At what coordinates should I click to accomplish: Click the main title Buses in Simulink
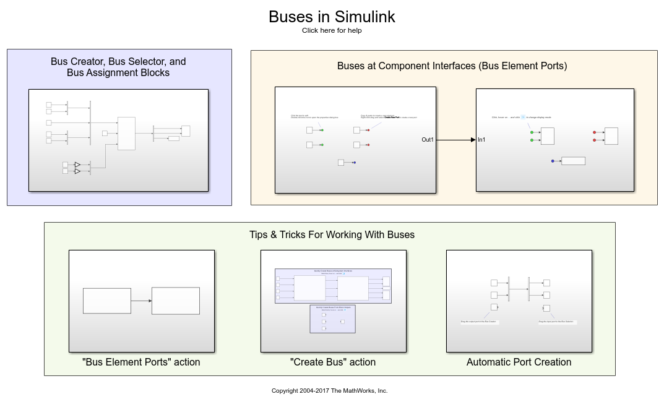332,17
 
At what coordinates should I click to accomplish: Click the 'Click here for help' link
332,30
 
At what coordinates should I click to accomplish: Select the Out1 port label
428,140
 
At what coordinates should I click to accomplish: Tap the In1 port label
481,140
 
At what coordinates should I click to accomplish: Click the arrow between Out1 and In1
456,140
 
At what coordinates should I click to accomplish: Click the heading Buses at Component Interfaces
452,66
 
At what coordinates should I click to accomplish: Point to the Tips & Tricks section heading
332,234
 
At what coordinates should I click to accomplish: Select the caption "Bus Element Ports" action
141,362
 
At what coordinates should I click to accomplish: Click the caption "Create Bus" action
333,362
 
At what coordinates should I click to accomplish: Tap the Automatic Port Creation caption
519,362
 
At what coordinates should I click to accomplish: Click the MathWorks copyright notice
329,390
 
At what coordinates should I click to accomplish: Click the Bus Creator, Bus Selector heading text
118,67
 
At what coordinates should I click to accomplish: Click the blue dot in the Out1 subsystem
354,163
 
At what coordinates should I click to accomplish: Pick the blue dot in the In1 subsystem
553,161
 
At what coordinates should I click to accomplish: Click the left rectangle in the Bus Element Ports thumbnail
107,301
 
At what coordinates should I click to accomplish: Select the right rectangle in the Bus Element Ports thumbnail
176,301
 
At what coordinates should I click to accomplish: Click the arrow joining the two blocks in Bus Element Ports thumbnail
142,301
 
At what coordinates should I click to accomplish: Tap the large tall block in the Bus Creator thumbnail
126,133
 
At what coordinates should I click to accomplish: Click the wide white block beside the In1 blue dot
573,161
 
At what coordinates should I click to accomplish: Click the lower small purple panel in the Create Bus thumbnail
332,319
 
